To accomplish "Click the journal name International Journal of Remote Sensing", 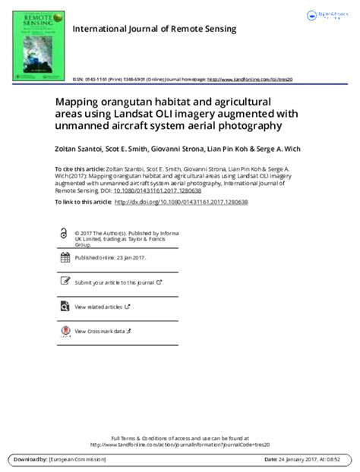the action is click(154, 29).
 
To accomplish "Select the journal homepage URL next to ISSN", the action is click(250, 78).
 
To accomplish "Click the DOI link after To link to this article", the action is click(184, 201).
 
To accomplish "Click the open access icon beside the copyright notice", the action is click(63, 234).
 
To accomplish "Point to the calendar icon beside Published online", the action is click(64, 258).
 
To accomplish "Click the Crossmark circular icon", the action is click(64, 331).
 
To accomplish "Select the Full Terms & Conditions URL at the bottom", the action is click(180, 445).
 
